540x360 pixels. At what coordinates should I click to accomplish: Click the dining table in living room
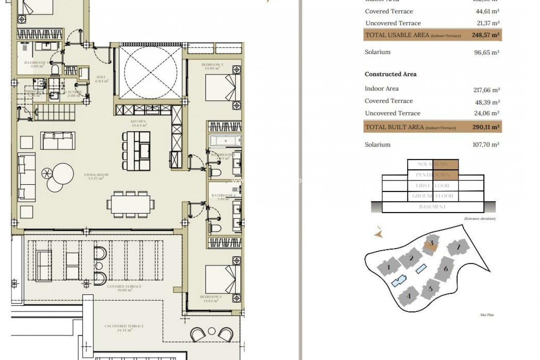pyautogui.click(x=131, y=204)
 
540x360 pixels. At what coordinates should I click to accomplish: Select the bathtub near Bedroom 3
pyautogui.click(x=225, y=140)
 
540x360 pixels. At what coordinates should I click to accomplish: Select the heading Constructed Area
pyautogui.click(x=390, y=74)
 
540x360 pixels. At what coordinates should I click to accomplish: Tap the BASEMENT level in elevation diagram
pyautogui.click(x=432, y=207)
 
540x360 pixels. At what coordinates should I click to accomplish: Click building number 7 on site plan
pyautogui.click(x=458, y=247)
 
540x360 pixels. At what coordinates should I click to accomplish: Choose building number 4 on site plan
pyautogui.click(x=409, y=296)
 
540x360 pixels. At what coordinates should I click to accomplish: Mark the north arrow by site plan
pyautogui.click(x=379, y=233)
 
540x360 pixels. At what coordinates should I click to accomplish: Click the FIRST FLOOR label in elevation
pyautogui.click(x=432, y=186)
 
